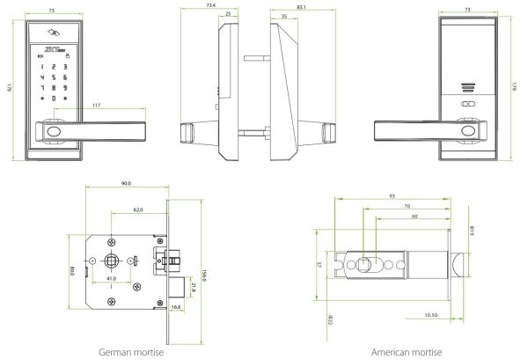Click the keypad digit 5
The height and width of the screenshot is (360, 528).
point(55,77)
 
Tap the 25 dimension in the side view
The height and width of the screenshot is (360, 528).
point(229,15)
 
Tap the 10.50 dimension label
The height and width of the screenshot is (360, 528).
point(430,314)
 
